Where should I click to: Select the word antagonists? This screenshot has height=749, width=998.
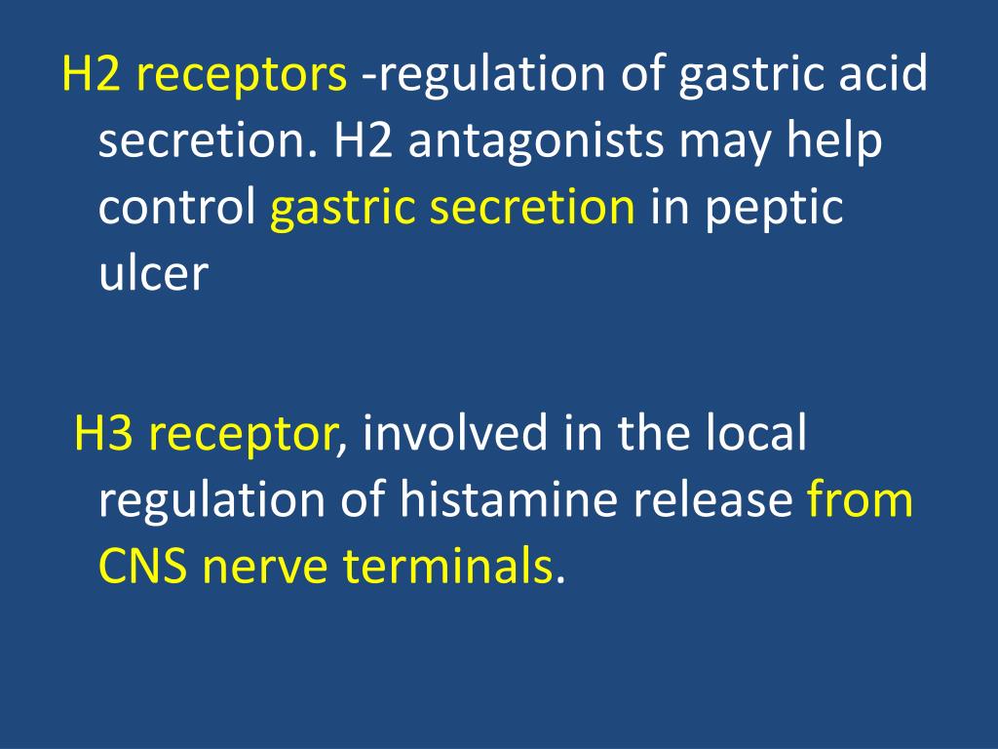pyautogui.click(x=540, y=142)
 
